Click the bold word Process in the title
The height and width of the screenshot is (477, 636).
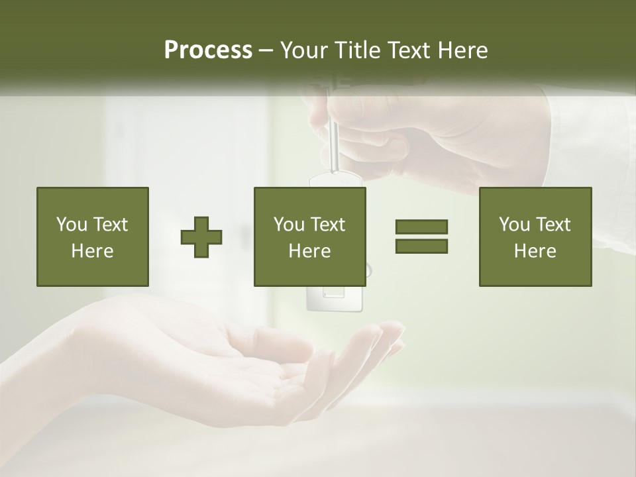pos(208,50)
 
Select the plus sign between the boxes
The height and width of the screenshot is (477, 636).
pos(201,237)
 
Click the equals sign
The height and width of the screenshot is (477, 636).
pos(421,237)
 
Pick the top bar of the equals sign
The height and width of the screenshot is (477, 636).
pos(421,227)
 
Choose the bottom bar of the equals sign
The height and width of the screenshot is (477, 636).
pos(421,246)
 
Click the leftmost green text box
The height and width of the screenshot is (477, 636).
pos(92,237)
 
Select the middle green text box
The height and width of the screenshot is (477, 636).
pos(309,237)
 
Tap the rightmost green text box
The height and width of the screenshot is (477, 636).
pos(535,237)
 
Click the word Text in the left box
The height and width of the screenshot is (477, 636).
pos(111,225)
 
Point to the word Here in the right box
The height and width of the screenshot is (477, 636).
pos(535,250)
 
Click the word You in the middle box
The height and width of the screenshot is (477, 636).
pos(289,225)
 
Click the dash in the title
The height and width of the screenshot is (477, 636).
pos(266,51)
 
